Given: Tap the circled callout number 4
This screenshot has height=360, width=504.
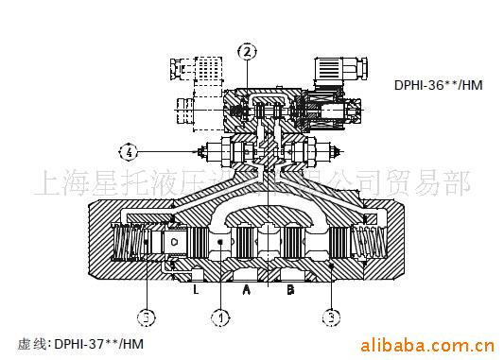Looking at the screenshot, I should pos(130,150).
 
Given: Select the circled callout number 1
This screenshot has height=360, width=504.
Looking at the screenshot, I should pos(220,318).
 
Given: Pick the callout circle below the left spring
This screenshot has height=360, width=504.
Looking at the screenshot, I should pos(147,317).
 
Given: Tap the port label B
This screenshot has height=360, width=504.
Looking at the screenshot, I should pos(290,290).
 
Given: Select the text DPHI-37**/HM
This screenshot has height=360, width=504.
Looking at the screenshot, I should pos(95,343).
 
